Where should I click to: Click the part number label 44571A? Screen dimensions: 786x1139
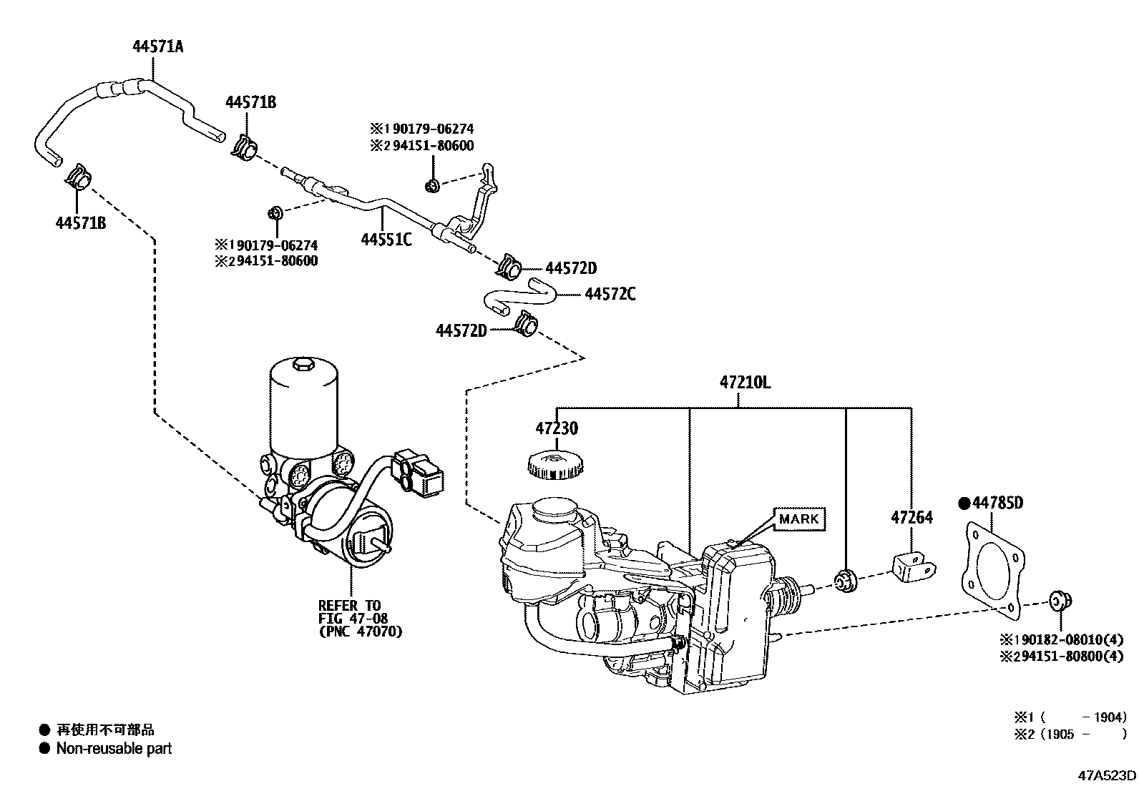pos(157,47)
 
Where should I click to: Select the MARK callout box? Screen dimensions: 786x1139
pos(798,519)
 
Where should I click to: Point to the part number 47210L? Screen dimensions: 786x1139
pos(745,382)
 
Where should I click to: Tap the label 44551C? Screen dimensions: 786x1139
pos(386,240)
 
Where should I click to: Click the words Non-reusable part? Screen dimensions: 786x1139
pos(114,749)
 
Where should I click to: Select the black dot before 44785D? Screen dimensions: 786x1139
pos(964,503)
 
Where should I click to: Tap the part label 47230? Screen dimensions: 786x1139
pos(556,429)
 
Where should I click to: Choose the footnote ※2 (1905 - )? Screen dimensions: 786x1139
pos(1069,734)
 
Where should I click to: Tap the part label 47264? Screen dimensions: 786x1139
pos(911,517)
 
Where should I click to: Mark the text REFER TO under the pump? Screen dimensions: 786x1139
pos(349,606)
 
